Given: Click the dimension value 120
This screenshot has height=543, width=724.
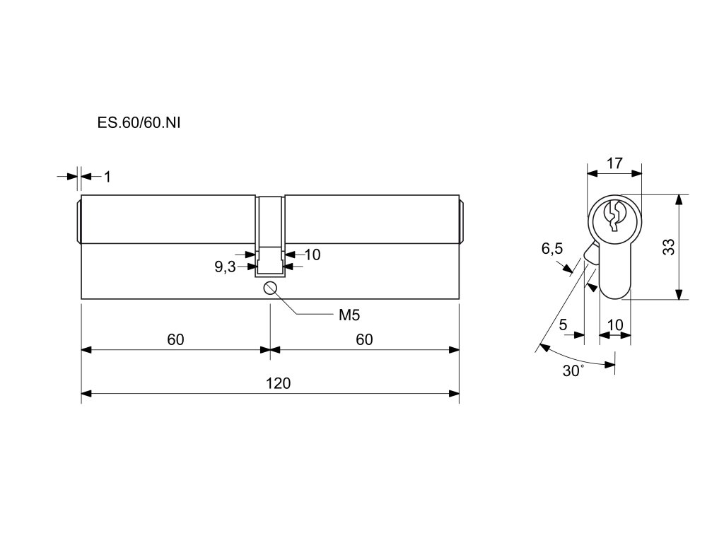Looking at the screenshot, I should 278,383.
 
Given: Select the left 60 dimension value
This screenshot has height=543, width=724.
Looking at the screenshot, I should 175,339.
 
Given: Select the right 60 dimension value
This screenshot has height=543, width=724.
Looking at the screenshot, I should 364,339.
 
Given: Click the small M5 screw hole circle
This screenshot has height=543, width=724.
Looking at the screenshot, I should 270,288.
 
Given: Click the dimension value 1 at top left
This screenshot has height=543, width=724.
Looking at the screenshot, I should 107,177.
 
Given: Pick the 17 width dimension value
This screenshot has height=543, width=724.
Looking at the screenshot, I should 614,163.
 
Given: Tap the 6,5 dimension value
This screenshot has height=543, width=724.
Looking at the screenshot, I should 552,249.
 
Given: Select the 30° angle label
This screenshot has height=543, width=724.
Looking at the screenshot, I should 573,371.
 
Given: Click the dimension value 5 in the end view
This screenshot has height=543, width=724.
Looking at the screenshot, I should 563,325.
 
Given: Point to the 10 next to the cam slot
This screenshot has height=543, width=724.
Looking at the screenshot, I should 313,255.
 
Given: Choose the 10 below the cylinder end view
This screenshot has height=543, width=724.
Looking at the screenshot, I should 615,325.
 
